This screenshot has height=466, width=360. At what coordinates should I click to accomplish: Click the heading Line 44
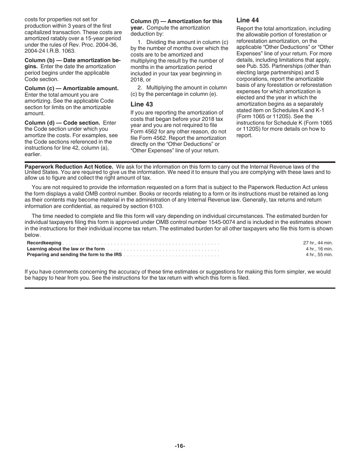(x=247, y=20)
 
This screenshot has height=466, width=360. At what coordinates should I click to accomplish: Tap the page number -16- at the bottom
(x=180, y=446)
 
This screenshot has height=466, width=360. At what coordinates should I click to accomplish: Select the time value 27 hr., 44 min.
(x=318, y=243)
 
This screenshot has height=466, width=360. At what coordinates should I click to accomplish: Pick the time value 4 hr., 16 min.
(x=319, y=249)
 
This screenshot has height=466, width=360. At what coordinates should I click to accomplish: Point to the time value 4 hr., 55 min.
(x=319, y=255)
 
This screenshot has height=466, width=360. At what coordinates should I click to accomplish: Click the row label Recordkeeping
(x=44, y=243)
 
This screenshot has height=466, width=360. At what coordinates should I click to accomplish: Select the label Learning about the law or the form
(x=66, y=249)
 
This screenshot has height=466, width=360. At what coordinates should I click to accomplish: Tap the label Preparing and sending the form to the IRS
(x=74, y=255)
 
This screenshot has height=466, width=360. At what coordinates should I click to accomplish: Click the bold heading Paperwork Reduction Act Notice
(x=69, y=167)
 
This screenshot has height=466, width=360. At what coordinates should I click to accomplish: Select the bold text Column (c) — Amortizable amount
(x=71, y=88)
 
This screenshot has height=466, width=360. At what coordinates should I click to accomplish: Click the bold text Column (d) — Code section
(x=62, y=123)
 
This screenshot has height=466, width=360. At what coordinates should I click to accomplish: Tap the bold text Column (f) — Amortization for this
(x=176, y=21)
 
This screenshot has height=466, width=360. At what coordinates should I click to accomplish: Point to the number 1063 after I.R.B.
(x=69, y=51)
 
